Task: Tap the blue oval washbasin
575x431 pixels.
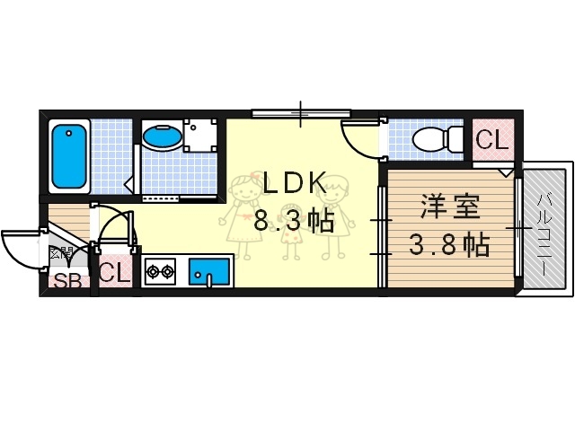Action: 162,137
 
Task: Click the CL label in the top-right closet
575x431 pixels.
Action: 491,140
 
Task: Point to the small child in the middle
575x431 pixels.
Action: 290,233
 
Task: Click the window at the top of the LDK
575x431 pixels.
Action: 300,113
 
